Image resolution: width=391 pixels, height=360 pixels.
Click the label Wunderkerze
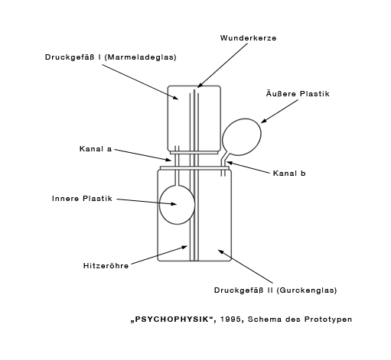[248, 38]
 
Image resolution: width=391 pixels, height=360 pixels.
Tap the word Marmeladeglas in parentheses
[140, 57]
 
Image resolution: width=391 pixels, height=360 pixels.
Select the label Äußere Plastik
[298, 93]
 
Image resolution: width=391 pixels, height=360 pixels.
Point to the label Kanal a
[96, 148]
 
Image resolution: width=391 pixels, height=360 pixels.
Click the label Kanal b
[289, 174]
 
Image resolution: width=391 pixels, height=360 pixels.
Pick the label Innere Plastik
[82, 199]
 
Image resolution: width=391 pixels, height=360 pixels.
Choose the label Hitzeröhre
[106, 266]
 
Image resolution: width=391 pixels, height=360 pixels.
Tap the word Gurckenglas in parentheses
[307, 290]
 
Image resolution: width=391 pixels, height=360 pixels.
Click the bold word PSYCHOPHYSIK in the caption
[172, 319]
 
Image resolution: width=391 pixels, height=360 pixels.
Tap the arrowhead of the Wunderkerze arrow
[200, 86]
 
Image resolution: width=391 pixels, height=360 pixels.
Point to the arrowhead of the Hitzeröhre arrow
[184, 247]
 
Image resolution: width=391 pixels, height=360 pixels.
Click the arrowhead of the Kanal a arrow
[168, 160]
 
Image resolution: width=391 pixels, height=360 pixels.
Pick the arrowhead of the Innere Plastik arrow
[174, 204]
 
